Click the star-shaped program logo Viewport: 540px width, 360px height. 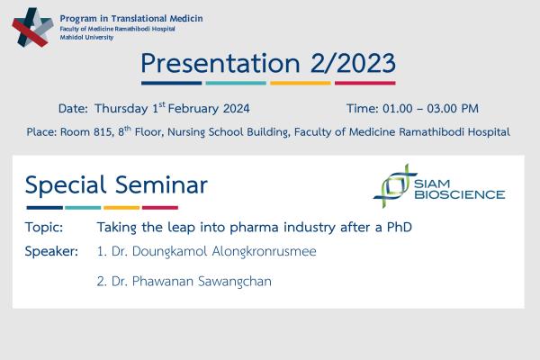pyautogui.click(x=32, y=28)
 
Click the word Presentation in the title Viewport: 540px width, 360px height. pyautogui.click(x=220, y=64)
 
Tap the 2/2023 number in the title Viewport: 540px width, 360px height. pyautogui.click(x=353, y=63)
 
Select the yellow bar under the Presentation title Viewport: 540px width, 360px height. pyautogui.click(x=301, y=83)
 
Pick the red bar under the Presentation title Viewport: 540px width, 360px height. pyautogui.click(x=365, y=83)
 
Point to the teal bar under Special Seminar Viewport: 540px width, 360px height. pyautogui.click(x=83, y=208)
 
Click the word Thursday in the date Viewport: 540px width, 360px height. pyautogui.click(x=121, y=109)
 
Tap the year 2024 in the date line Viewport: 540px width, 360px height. pyautogui.click(x=236, y=109)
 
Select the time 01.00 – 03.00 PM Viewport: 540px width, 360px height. pyautogui.click(x=430, y=109)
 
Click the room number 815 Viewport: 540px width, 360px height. pyautogui.click(x=103, y=132)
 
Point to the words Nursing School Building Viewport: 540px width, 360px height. pyautogui.click(x=228, y=132)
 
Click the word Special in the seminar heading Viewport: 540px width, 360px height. pyautogui.click(x=66, y=185)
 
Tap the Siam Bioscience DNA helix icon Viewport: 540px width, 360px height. pyautogui.click(x=395, y=186)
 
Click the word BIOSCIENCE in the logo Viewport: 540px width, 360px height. pyautogui.click(x=460, y=194)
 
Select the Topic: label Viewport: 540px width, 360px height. pyautogui.click(x=44, y=228)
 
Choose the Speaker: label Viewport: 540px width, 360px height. pyautogui.click(x=51, y=251)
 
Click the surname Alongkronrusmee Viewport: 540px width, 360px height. pyautogui.click(x=264, y=251)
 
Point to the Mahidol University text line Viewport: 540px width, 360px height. pyautogui.click(x=86, y=38)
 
